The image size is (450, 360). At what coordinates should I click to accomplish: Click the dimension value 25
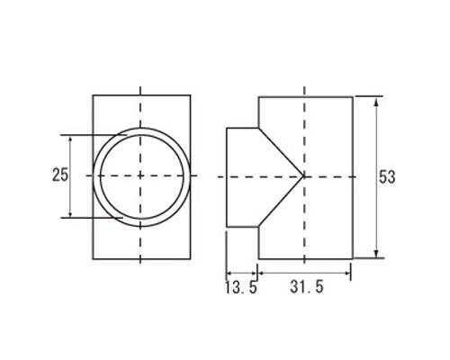[59, 175]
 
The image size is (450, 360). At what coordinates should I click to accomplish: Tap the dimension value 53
[387, 176]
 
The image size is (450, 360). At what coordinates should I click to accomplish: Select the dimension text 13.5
[240, 288]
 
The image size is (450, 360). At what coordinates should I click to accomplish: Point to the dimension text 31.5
[306, 288]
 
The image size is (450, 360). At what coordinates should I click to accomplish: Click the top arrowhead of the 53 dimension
[375, 98]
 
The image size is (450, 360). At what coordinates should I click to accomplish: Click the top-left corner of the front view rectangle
[93, 94]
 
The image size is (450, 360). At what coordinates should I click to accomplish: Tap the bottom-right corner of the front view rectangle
[191, 258]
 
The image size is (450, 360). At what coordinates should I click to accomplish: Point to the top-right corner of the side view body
[352, 94]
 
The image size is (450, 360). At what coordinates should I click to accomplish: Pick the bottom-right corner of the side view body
[352, 258]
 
